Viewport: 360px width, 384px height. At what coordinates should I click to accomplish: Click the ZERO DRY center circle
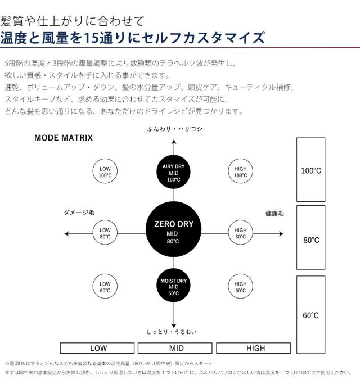[x=173, y=229]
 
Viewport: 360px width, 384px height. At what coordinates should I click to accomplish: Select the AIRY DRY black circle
[x=173, y=172]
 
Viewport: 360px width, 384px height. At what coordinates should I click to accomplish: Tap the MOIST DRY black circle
[x=173, y=286]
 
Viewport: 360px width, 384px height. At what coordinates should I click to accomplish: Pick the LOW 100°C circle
[x=105, y=171]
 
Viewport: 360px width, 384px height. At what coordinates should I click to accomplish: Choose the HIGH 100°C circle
[x=240, y=171]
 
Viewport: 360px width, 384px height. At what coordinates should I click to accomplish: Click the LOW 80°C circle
[x=105, y=233]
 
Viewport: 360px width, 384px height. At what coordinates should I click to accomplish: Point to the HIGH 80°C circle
[x=240, y=233]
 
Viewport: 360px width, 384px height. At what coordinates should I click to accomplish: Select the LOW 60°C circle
[x=105, y=287]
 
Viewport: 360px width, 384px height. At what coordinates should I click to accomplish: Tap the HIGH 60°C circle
[x=240, y=287]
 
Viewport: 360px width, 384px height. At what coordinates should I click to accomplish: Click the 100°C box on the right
[x=310, y=169]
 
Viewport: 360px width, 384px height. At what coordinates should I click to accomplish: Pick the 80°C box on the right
[x=310, y=238]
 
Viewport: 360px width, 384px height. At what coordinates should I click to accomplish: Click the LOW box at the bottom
[x=97, y=348]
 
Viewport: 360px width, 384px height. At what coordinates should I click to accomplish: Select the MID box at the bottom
[x=175, y=348]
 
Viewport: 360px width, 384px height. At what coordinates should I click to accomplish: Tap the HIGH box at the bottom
[x=253, y=348]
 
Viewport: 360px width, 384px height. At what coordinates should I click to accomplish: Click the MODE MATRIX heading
[x=64, y=138]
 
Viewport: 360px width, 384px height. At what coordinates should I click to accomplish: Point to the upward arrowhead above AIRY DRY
[x=174, y=142]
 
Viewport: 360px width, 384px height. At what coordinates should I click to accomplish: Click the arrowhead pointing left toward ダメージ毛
[x=66, y=234]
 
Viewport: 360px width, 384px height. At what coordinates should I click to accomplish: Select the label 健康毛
[x=274, y=214]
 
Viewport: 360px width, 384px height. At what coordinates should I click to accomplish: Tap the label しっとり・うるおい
[x=172, y=332]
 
